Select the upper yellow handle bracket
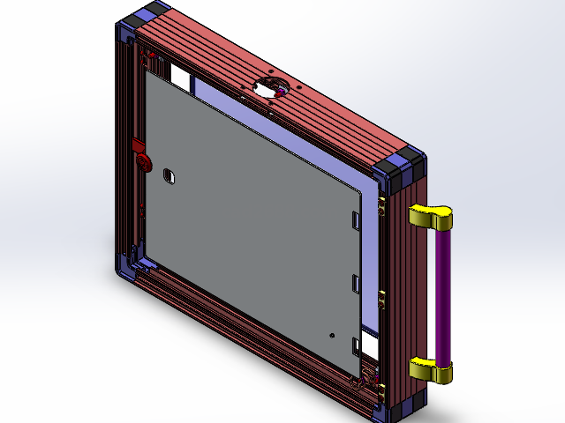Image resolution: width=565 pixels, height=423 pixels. pos(430,216)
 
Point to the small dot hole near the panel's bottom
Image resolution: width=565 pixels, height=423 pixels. pos(331,335)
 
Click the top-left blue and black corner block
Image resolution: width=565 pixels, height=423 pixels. pos(141,22)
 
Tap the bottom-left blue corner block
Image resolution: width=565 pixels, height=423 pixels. pos(125,267)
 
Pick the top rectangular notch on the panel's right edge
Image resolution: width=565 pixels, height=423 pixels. pos(356,219)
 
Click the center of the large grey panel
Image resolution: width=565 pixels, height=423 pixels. pos(252,211)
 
